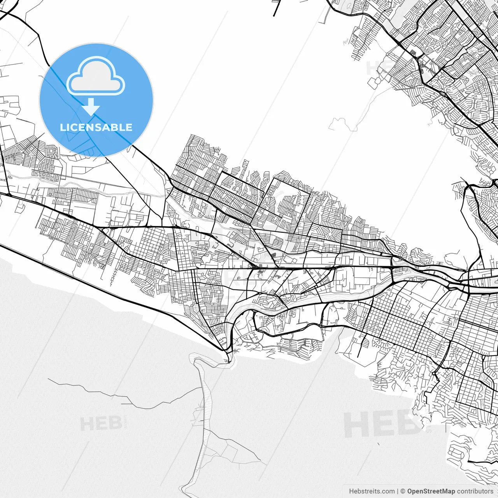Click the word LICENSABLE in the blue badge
(x=96, y=127)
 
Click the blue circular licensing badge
(x=96, y=100)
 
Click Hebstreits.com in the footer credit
(x=372, y=491)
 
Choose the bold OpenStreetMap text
(x=431, y=491)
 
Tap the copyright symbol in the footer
(x=403, y=491)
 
